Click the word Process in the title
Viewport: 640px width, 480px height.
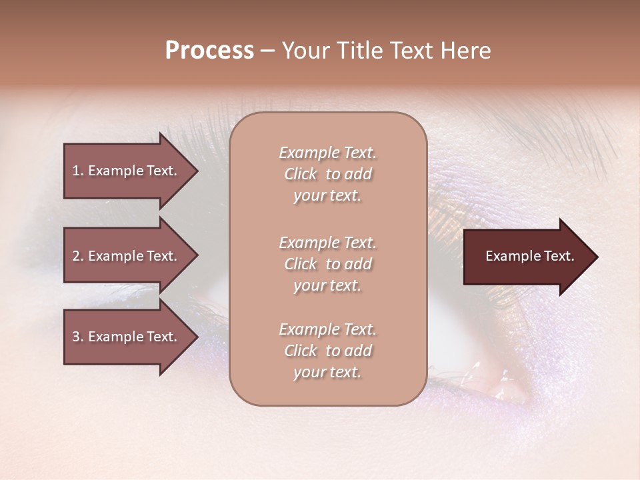(209, 51)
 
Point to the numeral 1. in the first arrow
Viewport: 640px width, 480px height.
(78, 171)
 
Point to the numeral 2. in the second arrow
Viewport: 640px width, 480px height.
(78, 256)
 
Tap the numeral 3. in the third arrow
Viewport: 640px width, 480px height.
(78, 337)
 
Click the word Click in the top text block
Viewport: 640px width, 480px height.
(301, 174)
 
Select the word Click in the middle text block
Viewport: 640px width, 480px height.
(301, 264)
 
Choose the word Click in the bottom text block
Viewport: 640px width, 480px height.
(301, 351)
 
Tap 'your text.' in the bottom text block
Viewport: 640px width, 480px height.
(327, 372)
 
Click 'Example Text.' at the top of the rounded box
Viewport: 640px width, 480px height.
(327, 153)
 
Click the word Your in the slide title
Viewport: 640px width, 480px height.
(304, 51)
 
